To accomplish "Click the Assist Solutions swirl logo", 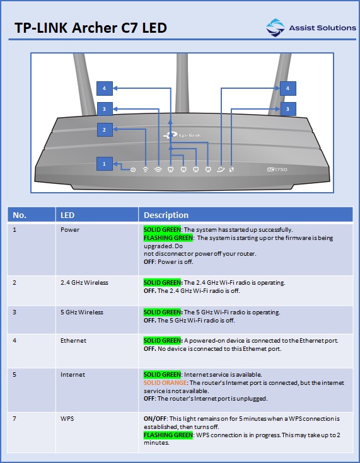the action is click(x=275, y=28).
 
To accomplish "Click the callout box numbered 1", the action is click(x=105, y=164).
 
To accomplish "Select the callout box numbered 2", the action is click(x=105, y=130).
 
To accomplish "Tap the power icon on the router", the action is click(x=133, y=169).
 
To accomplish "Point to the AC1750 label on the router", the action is click(x=277, y=169).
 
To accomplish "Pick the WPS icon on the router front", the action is click(x=231, y=169).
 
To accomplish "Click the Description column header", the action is click(x=166, y=215).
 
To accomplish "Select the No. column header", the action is click(x=20, y=215).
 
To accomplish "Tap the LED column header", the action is click(x=67, y=215).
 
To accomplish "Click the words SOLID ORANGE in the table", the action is click(x=165, y=383).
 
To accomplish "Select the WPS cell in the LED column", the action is click(x=67, y=419).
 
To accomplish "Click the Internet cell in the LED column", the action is click(x=73, y=375).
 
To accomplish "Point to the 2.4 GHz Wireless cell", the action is click(x=84, y=283).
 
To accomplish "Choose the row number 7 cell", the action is click(x=15, y=419).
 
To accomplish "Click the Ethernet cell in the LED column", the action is click(x=73, y=341).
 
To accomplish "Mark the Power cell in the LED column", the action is click(x=70, y=230).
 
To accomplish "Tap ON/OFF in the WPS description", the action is click(x=156, y=419).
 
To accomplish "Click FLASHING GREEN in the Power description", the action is click(x=168, y=237).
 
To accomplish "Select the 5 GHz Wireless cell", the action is click(x=82, y=312).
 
